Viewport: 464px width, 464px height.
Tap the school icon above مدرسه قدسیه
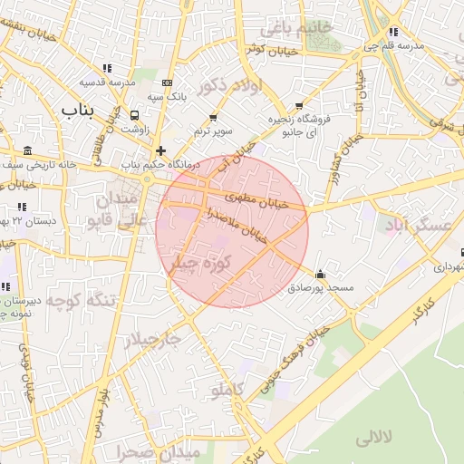coord(108,67)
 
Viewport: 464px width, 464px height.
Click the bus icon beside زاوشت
coord(135,116)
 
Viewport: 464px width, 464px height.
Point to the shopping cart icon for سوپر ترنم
coord(214,117)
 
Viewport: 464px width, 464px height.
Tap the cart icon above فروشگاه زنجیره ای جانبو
coord(299,106)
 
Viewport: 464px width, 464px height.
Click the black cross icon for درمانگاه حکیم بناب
coord(160,150)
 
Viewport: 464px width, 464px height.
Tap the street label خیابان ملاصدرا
coord(237,223)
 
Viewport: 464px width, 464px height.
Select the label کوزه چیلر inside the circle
coord(201,263)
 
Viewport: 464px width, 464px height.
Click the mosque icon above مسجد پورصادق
coord(319,274)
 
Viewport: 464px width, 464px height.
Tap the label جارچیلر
coord(152,338)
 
